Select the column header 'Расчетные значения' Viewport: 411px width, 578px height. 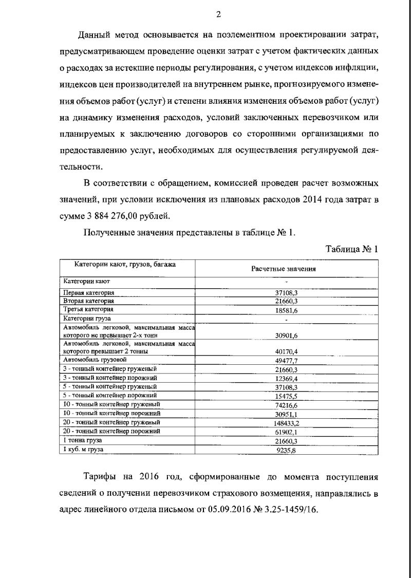pyautogui.click(x=283, y=269)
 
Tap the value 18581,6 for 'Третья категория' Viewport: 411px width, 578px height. pyautogui.click(x=286, y=310)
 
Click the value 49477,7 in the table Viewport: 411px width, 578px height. pyautogui.click(x=286, y=361)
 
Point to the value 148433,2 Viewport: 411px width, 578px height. pyautogui.click(x=286, y=423)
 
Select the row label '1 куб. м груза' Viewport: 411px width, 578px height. pyautogui.click(x=83, y=450)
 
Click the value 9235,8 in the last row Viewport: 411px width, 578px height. pyautogui.click(x=286, y=451)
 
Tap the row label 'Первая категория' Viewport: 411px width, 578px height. pyautogui.click(x=88, y=292)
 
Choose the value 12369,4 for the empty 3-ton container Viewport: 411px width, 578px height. pyautogui.click(x=286, y=379)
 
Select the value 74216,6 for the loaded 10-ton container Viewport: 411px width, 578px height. pyautogui.click(x=286, y=405)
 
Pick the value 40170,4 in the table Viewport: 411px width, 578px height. pyautogui.click(x=286, y=351)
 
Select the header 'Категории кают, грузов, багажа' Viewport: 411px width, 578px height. pyautogui.click(x=125, y=265)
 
